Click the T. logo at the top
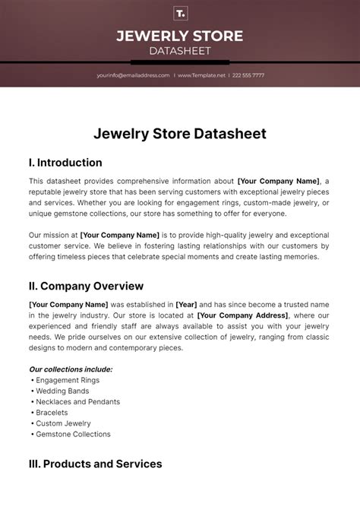(x=180, y=14)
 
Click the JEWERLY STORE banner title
(x=180, y=36)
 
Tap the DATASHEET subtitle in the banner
(x=180, y=51)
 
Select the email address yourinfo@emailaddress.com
(x=133, y=75)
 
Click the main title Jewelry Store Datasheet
(x=180, y=134)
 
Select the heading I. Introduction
(x=65, y=163)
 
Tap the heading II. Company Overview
(x=86, y=286)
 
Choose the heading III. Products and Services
(x=95, y=464)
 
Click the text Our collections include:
(x=71, y=369)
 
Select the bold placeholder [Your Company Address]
(x=242, y=315)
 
